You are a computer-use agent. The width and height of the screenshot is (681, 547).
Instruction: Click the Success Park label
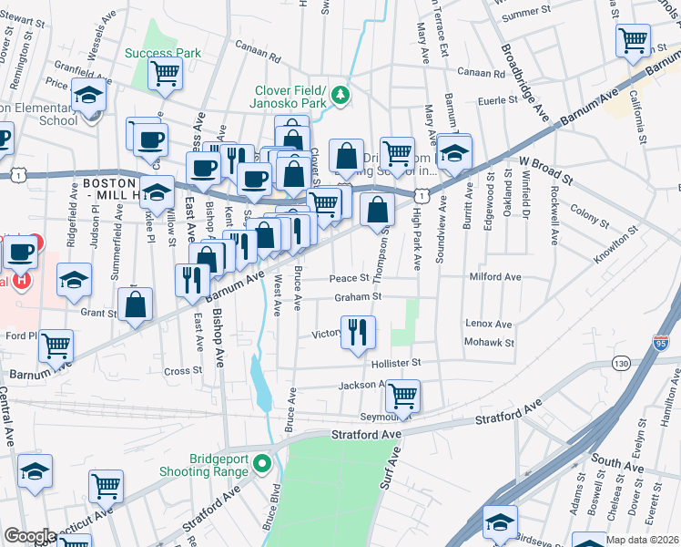click(x=163, y=53)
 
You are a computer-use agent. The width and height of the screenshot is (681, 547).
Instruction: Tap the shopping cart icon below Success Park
click(x=165, y=73)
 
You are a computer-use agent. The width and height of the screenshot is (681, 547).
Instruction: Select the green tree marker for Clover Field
click(x=339, y=94)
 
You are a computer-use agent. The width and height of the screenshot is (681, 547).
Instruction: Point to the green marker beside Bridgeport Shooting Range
click(x=262, y=464)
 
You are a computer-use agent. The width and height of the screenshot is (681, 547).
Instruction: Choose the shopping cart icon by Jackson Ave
click(x=401, y=396)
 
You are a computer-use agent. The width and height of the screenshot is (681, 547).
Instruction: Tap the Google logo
click(x=30, y=536)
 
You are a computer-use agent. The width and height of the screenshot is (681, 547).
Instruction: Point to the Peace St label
click(x=350, y=278)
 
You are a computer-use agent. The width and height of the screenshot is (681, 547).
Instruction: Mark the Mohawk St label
click(x=490, y=344)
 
